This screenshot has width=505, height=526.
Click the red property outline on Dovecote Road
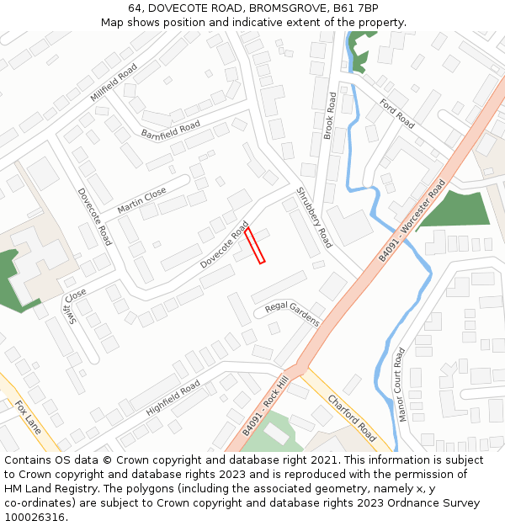pyautogui.click(x=255, y=246)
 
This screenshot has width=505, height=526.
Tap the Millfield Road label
pyautogui.click(x=114, y=82)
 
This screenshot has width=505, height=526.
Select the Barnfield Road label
pyautogui.click(x=170, y=130)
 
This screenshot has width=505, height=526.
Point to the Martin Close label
pyautogui.click(x=141, y=200)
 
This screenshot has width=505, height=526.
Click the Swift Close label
pyautogui.click(x=76, y=306)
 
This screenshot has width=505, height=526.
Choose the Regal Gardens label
pyautogui.click(x=292, y=313)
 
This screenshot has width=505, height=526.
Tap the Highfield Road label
pyautogui.click(x=173, y=396)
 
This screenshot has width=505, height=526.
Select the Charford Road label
pyautogui.click(x=352, y=417)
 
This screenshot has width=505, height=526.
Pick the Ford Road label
pyautogui.click(x=397, y=113)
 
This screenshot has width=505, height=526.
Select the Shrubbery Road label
pyautogui.click(x=313, y=218)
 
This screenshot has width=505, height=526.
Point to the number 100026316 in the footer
pyautogui.click(x=35, y=517)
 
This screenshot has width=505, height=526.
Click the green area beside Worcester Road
pyautogui.click(x=454, y=210)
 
